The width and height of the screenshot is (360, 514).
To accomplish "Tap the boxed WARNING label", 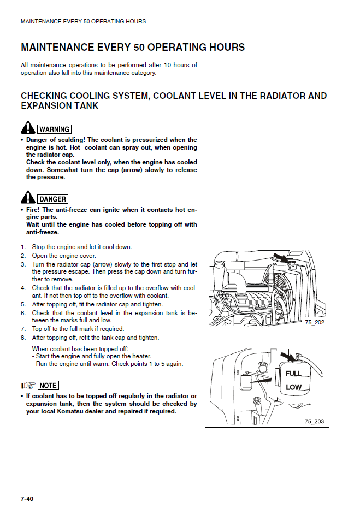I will pyautogui.click(x=54, y=129).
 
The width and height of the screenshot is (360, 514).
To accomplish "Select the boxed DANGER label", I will pyautogui.click(x=53, y=199).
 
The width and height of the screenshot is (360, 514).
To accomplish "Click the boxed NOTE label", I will pyautogui.click(x=48, y=386).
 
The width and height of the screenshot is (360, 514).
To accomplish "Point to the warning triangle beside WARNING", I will pyautogui.click(x=28, y=128).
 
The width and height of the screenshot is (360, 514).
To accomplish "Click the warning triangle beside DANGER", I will pyautogui.click(x=28, y=198).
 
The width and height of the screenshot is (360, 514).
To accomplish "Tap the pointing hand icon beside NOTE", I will pyautogui.click(x=28, y=386).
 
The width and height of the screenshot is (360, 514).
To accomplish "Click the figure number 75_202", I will pyautogui.click(x=314, y=323).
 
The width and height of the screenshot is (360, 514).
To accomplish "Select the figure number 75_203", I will pyautogui.click(x=314, y=421).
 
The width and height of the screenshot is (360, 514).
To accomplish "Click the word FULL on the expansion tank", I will pyautogui.click(x=293, y=374).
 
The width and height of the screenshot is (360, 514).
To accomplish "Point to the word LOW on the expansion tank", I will pyautogui.click(x=293, y=387).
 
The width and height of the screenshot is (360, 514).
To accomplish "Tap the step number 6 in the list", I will pyautogui.click(x=23, y=313).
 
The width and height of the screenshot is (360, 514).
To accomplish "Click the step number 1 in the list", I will pyautogui.click(x=23, y=247).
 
